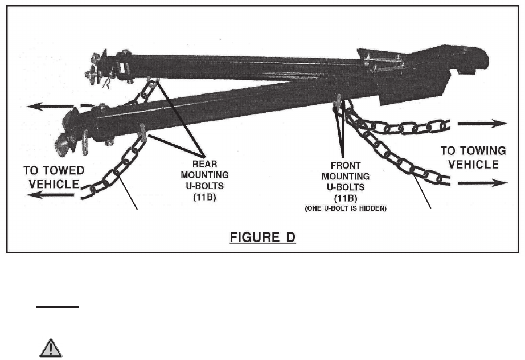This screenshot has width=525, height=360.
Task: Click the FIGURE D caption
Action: pos(262,237)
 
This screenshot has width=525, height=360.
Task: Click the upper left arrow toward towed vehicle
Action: pos(50,106)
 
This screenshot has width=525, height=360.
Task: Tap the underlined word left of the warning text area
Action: pos(58,306)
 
